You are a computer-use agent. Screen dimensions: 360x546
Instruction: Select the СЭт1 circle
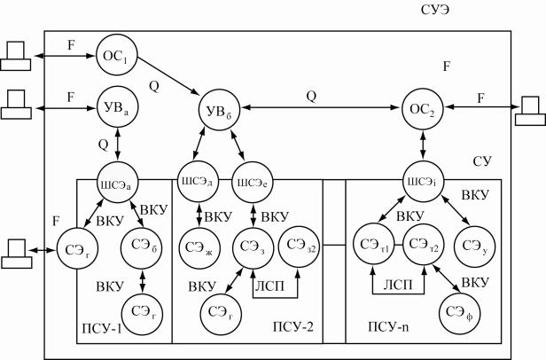(x=370, y=244)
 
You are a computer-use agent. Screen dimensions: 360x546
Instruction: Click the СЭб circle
(x=155, y=244)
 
